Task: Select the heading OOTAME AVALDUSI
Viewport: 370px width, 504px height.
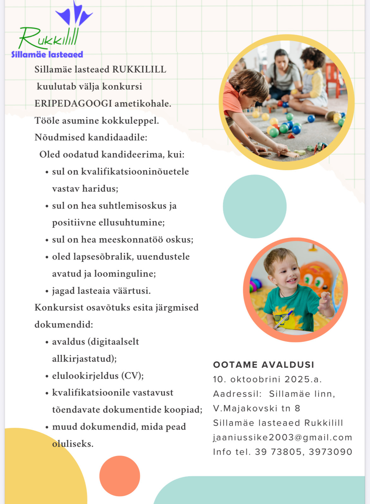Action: point(263,365)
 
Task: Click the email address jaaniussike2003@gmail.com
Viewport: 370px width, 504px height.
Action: point(282,437)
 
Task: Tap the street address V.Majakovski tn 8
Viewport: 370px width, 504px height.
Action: point(256,408)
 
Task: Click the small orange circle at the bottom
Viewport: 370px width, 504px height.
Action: point(120,476)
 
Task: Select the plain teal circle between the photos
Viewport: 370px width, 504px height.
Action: point(255,206)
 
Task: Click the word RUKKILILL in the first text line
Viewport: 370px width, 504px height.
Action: point(139,70)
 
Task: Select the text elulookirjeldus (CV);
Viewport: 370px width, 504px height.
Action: point(98,376)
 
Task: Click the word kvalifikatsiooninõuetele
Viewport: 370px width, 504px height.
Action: point(135,172)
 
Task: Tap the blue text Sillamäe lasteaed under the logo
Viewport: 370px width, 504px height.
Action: point(47,54)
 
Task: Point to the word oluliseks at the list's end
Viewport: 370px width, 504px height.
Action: point(73,444)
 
